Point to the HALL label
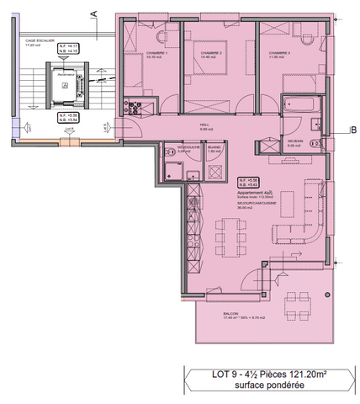[x=204, y=125]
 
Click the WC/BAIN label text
[x=294, y=140]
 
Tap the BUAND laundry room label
[x=214, y=146]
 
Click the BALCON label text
[x=229, y=312]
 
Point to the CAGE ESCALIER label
[x=40, y=40]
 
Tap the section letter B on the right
[x=354, y=129]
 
